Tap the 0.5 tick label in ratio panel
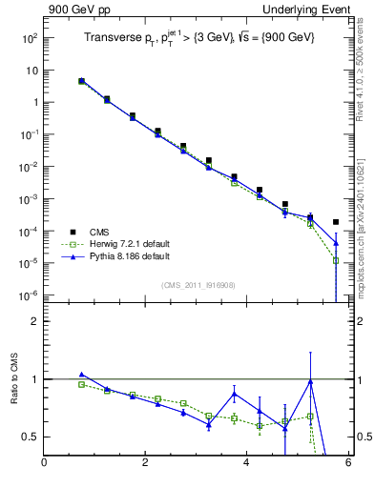(x=29, y=437)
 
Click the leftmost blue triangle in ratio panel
(x=82, y=375)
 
